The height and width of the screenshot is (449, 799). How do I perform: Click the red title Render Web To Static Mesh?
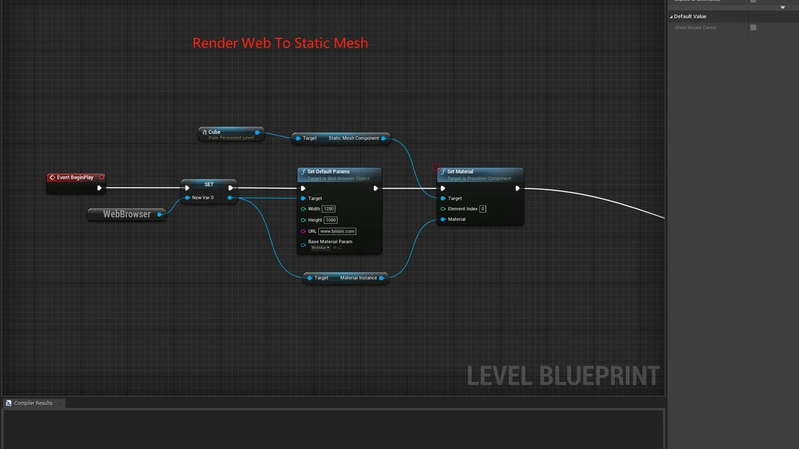(280, 43)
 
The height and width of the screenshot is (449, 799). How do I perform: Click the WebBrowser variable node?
(127, 214)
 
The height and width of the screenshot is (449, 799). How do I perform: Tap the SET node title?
(209, 185)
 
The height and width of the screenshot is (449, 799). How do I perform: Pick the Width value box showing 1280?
(328, 209)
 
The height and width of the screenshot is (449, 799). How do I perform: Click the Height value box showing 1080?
(330, 220)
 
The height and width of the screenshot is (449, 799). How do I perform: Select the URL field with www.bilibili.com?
(337, 231)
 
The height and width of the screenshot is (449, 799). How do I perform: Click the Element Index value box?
(483, 209)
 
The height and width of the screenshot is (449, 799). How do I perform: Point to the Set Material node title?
(460, 172)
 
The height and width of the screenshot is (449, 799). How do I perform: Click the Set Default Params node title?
(328, 172)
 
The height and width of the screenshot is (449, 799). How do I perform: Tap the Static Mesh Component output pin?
(384, 138)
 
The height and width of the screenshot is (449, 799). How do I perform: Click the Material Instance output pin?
(381, 278)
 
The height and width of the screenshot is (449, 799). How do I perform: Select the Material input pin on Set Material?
(443, 220)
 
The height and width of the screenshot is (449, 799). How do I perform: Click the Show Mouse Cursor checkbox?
(753, 27)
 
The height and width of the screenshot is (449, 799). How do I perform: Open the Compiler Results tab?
(33, 403)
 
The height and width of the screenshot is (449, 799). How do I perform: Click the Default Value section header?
(690, 16)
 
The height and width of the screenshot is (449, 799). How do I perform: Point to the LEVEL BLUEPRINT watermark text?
(563, 376)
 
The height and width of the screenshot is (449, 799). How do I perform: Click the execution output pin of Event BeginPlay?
(99, 188)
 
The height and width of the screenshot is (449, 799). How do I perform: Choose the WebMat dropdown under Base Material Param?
(320, 248)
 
